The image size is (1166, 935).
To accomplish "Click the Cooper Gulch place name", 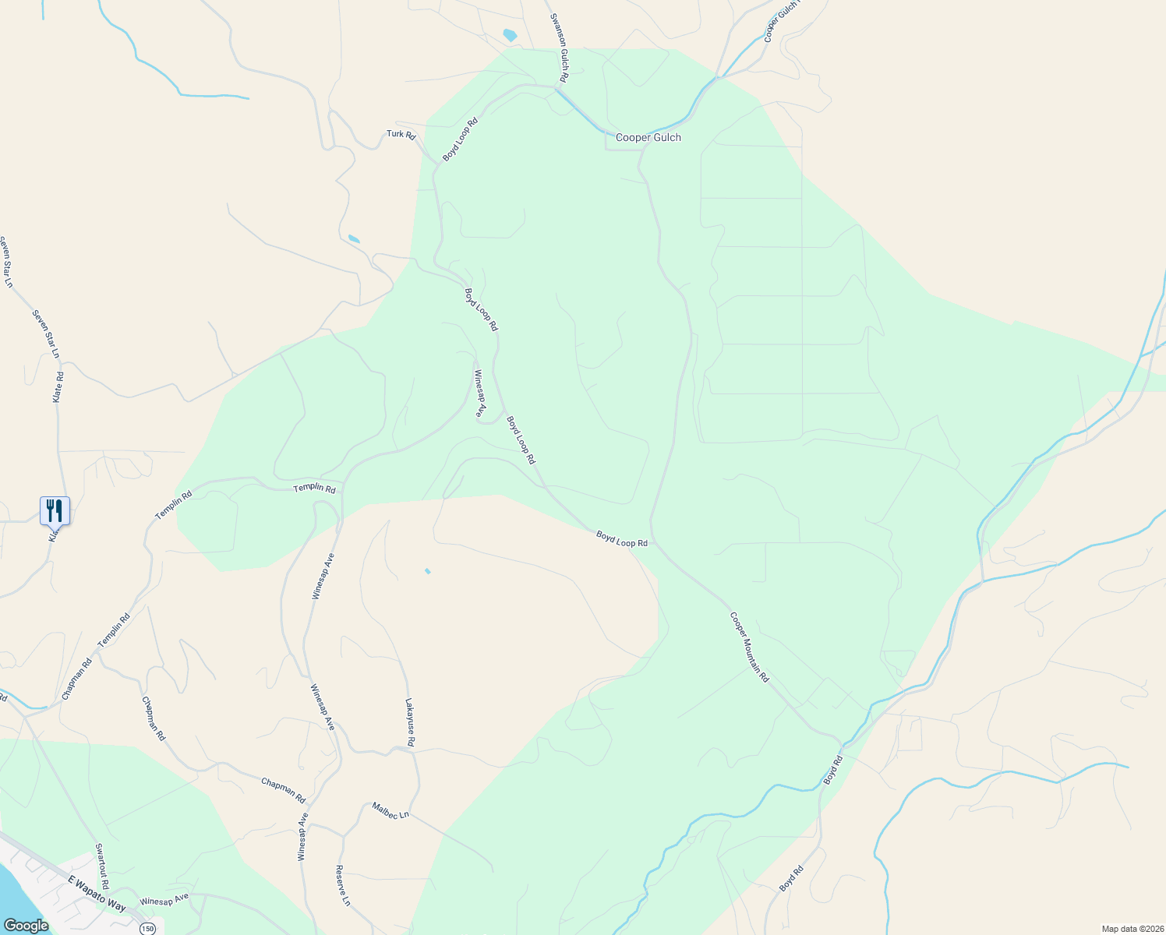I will (648, 138).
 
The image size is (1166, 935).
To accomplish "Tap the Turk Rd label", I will (401, 135).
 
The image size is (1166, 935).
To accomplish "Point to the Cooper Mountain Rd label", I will (749, 647).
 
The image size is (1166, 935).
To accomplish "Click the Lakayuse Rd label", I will (410, 722).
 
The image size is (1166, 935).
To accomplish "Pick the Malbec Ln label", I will (390, 810).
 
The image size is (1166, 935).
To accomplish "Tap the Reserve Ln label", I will (343, 885).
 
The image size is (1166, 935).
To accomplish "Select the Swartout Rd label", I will (102, 866).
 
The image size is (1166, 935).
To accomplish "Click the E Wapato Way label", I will (97, 893).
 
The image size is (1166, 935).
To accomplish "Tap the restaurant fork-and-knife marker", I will (55, 510).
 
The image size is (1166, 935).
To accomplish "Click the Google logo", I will (26, 925).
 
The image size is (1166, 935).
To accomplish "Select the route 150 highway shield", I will (148, 928).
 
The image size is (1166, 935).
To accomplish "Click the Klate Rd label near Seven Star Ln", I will (58, 386).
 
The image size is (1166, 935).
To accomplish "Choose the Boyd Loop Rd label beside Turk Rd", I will (460, 139).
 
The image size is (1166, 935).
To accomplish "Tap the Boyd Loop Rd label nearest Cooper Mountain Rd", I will (622, 538).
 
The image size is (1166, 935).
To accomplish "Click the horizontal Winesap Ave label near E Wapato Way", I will (164, 899).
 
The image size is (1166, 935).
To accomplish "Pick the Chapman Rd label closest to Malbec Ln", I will (283, 791).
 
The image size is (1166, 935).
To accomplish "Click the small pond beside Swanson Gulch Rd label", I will (510, 35).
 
